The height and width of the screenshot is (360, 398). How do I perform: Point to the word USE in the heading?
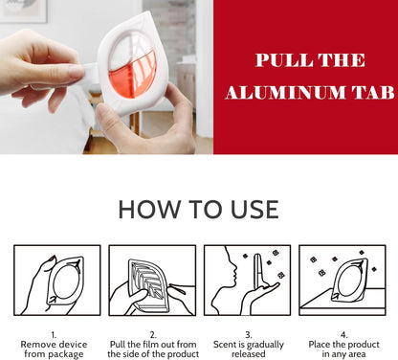[x=254, y=210]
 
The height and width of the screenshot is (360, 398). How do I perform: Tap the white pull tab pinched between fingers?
[x=89, y=74]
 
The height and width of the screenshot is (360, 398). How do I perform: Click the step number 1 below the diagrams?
[x=54, y=335]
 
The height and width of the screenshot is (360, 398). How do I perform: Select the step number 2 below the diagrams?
[x=153, y=335]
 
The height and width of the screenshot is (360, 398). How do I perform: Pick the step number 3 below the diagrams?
[x=249, y=335]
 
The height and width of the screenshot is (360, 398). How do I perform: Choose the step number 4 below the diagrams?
[x=343, y=335]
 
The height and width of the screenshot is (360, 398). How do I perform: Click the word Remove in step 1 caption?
[x=35, y=345]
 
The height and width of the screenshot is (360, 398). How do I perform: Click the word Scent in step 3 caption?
[x=224, y=345]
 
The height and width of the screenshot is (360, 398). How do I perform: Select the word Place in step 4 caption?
[x=320, y=345]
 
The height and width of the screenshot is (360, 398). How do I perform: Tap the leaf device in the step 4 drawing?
[x=350, y=280]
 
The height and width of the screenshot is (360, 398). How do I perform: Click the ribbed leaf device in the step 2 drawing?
[x=149, y=284]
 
